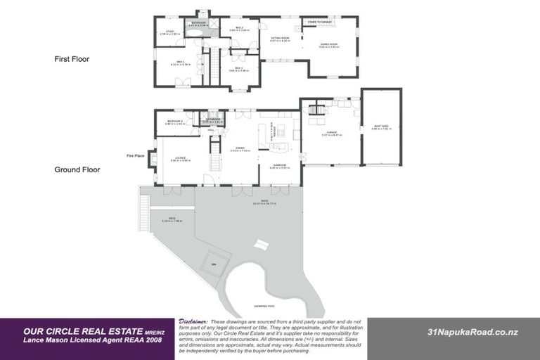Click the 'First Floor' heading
click(x=72, y=59)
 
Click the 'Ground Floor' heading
click(x=77, y=169)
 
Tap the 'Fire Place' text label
click(x=135, y=155)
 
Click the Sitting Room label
click(x=280, y=39)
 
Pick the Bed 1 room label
click(x=181, y=64)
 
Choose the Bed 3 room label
click(x=239, y=69)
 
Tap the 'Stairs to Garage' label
click(x=321, y=22)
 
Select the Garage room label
click(x=331, y=134)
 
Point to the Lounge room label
click(x=181, y=159)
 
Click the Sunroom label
click(x=280, y=167)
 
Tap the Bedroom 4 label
click(x=175, y=122)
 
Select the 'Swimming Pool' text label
click(x=265, y=307)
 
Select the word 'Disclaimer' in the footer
click(x=193, y=320)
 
